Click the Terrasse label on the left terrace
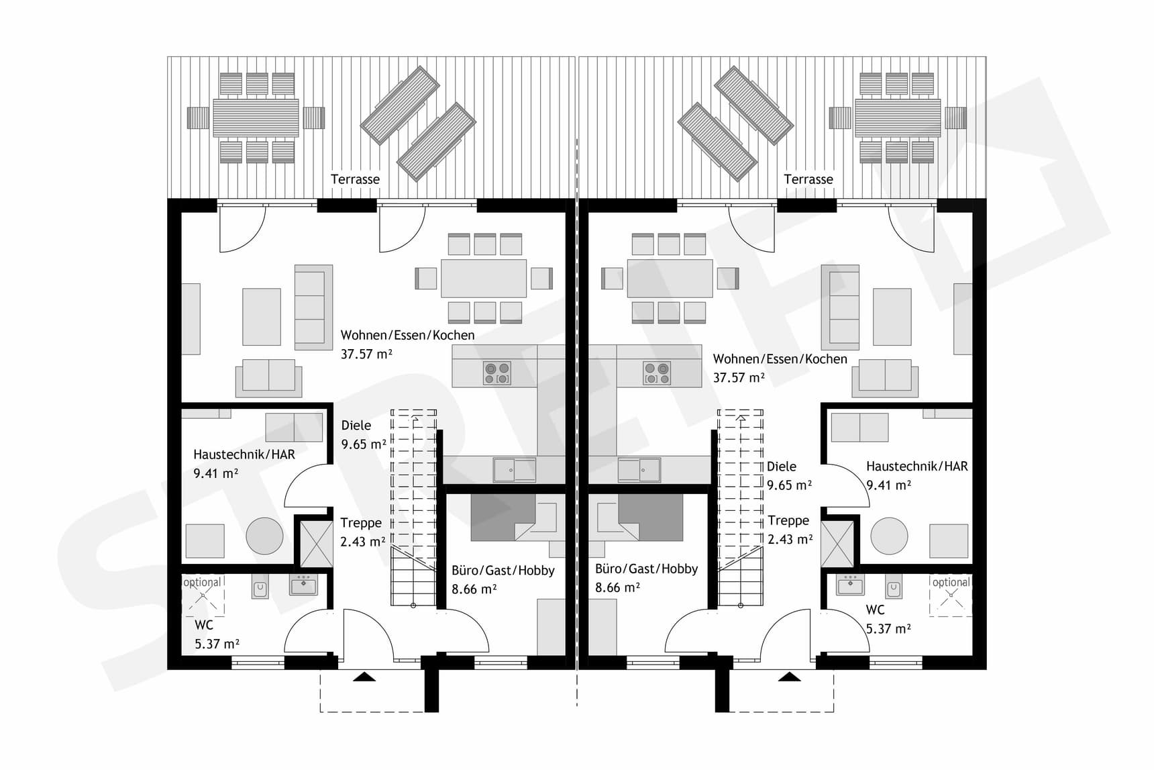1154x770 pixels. tap(355, 179)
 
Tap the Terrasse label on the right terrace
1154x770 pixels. tap(808, 179)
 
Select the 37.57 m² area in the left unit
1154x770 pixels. tap(366, 354)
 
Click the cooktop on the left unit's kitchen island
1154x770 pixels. tap(496, 373)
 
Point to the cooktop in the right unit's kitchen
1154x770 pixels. tap(656, 373)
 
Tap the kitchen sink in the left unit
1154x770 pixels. tap(515, 470)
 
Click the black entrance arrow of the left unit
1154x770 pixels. tap(364, 677)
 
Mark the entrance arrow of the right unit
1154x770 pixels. tap(789, 677)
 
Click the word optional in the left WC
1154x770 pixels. tap(202, 582)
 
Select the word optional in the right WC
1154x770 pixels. tap(951, 582)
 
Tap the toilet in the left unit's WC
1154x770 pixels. tap(260, 589)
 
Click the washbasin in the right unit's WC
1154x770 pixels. tap(851, 585)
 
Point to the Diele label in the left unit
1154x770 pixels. tap(356, 425)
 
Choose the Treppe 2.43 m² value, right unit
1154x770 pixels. tap(790, 539)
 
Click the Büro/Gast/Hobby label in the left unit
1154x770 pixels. tap(503, 570)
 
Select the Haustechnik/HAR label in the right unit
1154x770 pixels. tap(916, 466)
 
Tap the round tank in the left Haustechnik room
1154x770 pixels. tap(264, 536)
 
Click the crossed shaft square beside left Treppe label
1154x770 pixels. tap(314, 543)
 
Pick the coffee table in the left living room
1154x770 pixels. tap(261, 317)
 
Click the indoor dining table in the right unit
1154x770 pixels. tap(670, 278)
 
